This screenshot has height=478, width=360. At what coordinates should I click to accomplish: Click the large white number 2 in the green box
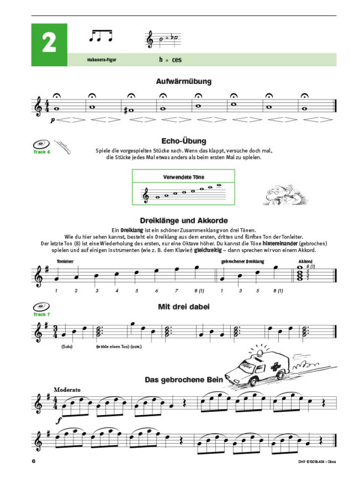[x=49, y=43]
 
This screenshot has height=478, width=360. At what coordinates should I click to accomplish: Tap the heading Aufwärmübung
[x=184, y=82]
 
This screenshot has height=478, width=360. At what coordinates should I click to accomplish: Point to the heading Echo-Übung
[x=184, y=141]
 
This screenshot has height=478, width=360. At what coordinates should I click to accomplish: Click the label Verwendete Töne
[x=184, y=177]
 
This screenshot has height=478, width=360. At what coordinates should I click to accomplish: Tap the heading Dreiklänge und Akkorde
[x=184, y=220]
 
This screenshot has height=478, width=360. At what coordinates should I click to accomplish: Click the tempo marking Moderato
[x=67, y=390]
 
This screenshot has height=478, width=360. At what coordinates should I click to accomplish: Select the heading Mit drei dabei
[x=184, y=307]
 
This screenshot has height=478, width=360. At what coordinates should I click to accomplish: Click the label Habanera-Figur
[x=101, y=60]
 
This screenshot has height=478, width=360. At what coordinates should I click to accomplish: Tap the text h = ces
[x=170, y=60]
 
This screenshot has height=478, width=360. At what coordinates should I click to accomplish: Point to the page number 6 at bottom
[x=34, y=461]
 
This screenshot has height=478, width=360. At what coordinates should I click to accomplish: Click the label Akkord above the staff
[x=306, y=261]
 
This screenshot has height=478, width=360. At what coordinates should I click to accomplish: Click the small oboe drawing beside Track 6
[x=62, y=148]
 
